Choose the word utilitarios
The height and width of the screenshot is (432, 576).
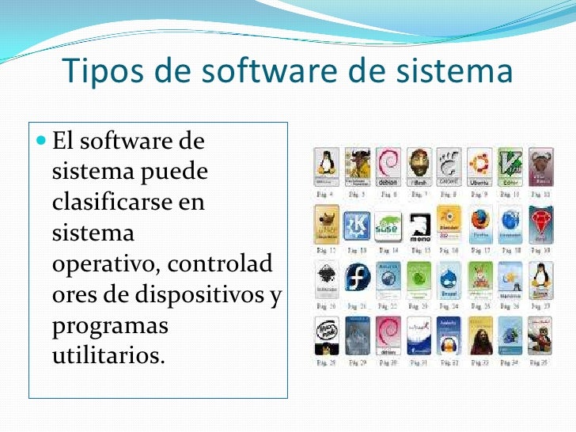tap(108, 355)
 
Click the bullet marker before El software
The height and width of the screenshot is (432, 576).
tap(42, 142)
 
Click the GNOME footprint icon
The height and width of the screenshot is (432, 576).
tap(449, 166)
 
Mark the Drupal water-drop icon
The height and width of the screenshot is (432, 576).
tap(449, 280)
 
